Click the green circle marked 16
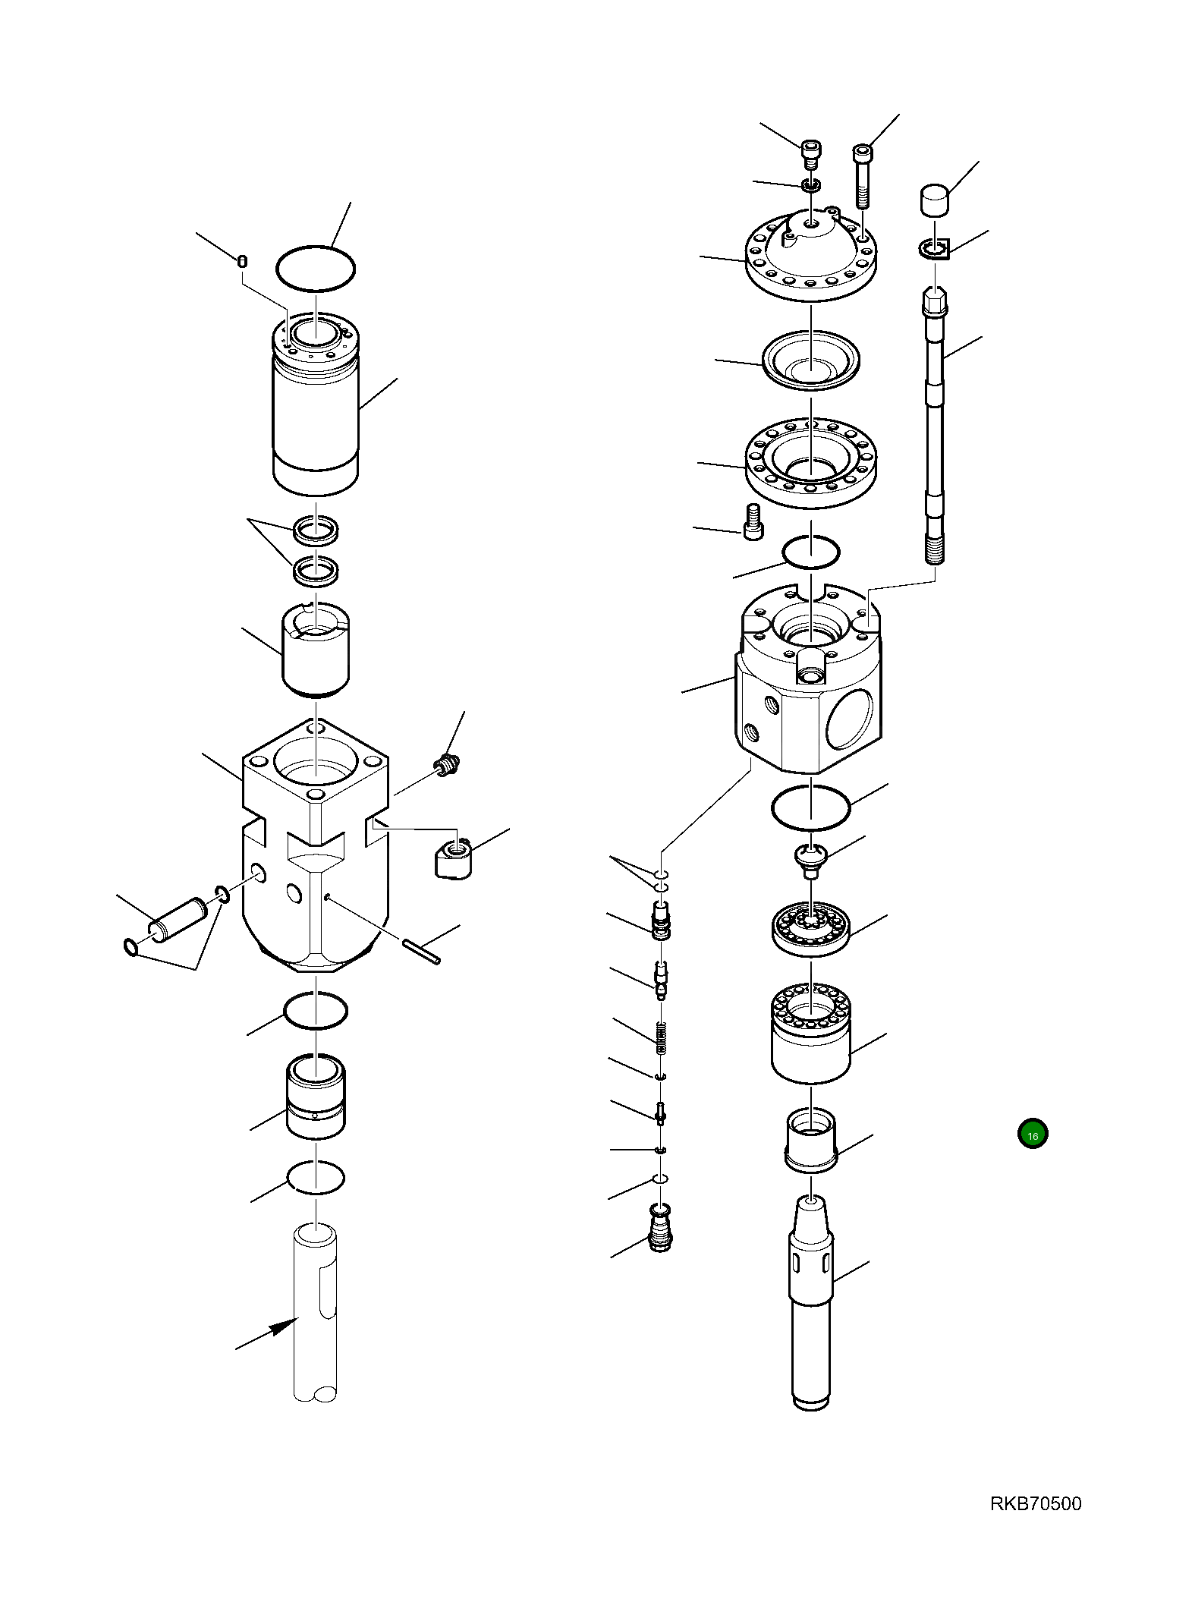coord(1032,1135)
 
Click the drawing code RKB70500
coord(1035,1503)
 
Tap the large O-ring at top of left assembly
coord(315,268)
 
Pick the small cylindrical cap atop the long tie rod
coord(935,200)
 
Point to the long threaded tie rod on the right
coord(935,425)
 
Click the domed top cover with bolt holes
coord(810,254)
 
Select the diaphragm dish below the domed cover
coord(810,361)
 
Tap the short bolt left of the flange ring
coord(753,522)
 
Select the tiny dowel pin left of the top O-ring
coord(242,262)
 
